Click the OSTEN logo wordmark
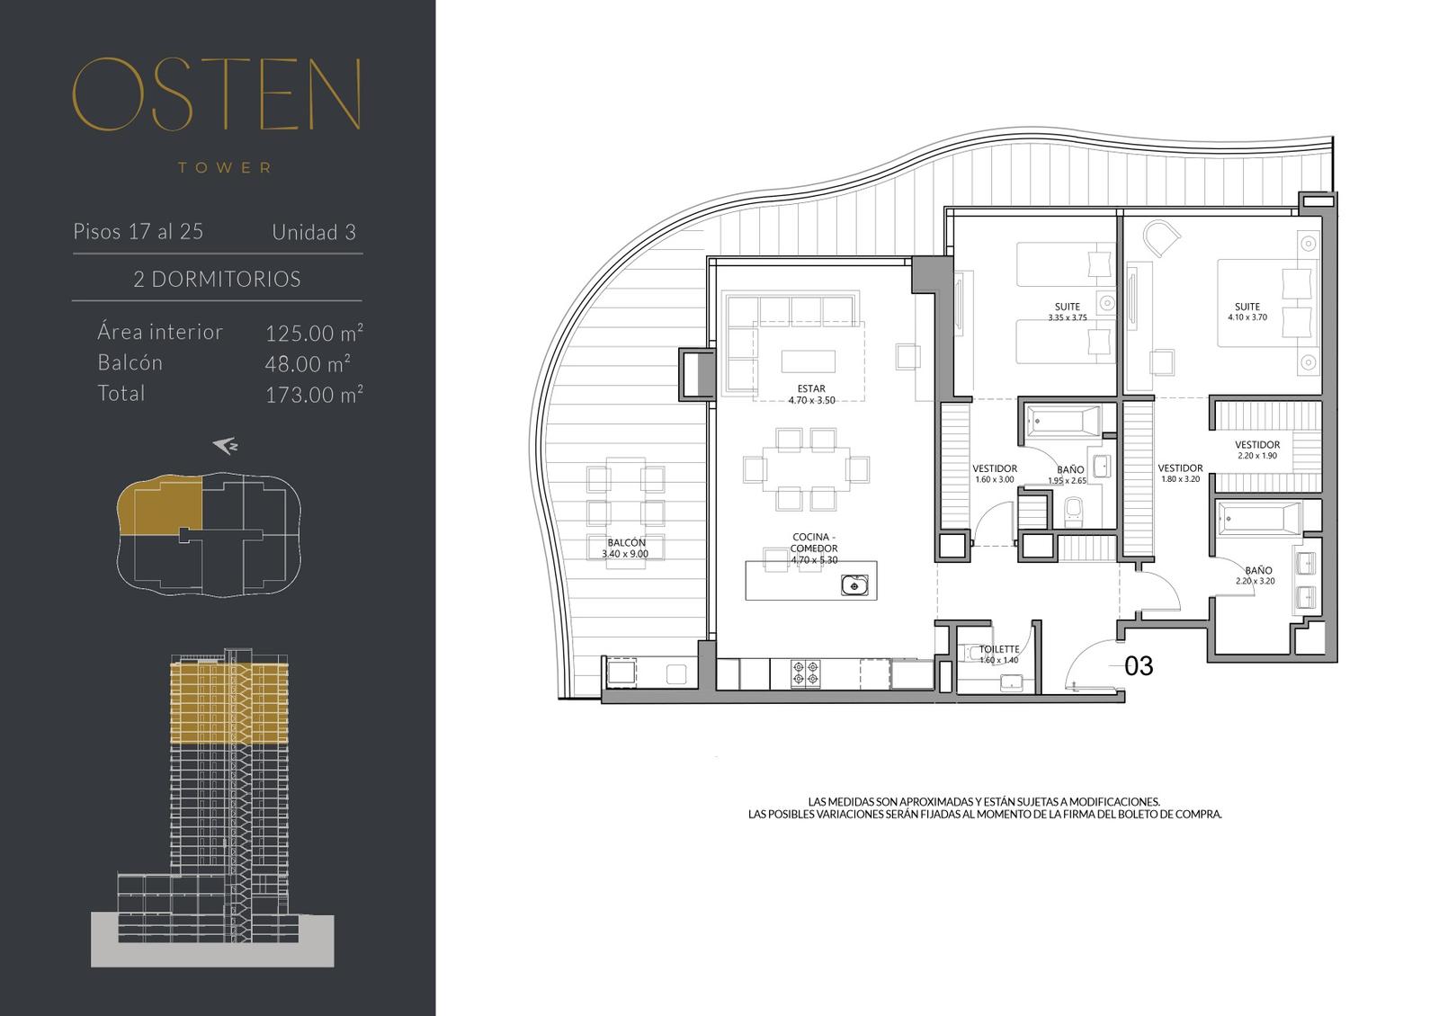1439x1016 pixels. point(217,94)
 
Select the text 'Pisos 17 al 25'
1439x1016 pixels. point(139,231)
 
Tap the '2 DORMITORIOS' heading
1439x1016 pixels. point(217,279)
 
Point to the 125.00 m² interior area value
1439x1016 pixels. point(314,333)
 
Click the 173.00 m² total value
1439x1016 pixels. point(314,394)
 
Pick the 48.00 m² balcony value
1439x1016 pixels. point(308,363)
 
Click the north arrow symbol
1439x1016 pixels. point(226,446)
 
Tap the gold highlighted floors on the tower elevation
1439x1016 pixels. point(229,703)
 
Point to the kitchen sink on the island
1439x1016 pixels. point(854,585)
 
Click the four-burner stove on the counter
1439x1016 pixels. point(806,673)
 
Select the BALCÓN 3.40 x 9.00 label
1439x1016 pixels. point(626,548)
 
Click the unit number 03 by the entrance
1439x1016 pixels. point(1139,666)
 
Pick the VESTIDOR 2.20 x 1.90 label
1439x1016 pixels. point(1257,450)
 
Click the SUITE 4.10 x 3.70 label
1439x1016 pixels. point(1247,311)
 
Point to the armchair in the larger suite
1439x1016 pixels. point(1161,238)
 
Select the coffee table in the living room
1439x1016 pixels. point(809,361)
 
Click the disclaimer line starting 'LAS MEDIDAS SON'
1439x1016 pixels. point(984,801)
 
